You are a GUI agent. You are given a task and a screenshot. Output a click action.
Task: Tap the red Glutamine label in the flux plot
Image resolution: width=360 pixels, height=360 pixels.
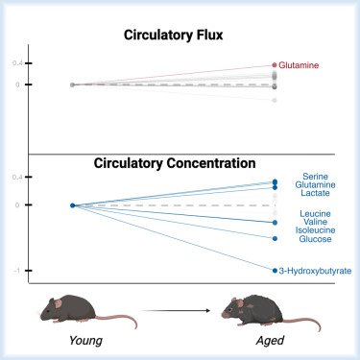306,67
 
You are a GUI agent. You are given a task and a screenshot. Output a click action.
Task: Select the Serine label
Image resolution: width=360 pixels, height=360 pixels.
316,177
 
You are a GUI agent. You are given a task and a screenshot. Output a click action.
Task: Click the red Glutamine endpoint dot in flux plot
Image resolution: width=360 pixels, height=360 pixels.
275,65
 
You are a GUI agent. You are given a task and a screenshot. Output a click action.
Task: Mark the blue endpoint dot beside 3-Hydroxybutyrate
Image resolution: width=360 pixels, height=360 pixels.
275,271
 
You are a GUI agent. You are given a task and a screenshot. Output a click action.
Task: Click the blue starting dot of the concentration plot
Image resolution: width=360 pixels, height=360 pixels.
73,205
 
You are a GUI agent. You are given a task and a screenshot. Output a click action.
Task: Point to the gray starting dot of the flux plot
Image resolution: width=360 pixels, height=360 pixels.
73,84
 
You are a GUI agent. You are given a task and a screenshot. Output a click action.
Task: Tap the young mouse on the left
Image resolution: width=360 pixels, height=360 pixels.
61,310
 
